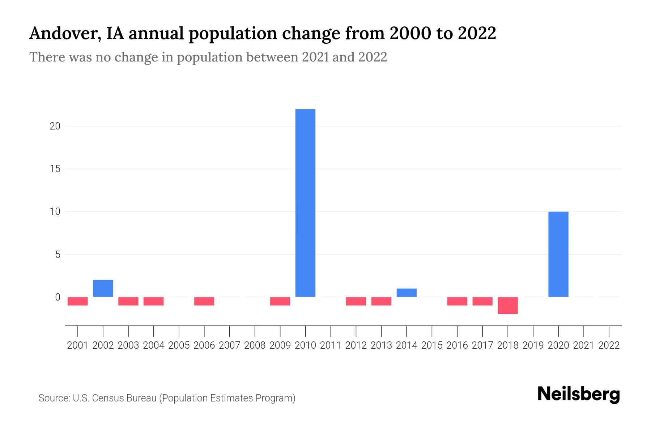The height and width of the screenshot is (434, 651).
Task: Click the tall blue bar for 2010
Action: pos(305,203)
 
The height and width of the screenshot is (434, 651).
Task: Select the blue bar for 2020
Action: pos(558,254)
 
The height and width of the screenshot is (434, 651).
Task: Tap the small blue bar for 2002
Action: pos(103,288)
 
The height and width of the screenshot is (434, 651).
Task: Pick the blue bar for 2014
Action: pos(407,293)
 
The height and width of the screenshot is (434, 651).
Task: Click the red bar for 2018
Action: pos(508,305)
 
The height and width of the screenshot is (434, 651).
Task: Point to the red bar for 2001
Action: pos(78,301)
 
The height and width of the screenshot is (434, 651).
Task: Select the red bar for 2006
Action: pos(204,301)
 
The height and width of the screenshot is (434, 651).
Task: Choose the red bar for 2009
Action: pos(280,301)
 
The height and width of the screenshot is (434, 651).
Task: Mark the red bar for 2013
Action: pos(381,301)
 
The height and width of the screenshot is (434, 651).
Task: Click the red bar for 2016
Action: pos(457,301)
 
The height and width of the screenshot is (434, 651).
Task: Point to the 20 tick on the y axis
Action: pos(55,126)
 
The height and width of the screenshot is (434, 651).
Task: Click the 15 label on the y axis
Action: pos(55,169)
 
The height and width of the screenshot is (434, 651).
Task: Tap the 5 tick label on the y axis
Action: pos(58,255)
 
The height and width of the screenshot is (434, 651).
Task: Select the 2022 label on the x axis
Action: pos(609,345)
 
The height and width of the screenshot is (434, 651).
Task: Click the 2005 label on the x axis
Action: pos(179,345)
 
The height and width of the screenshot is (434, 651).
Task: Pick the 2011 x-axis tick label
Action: pos(331,345)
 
